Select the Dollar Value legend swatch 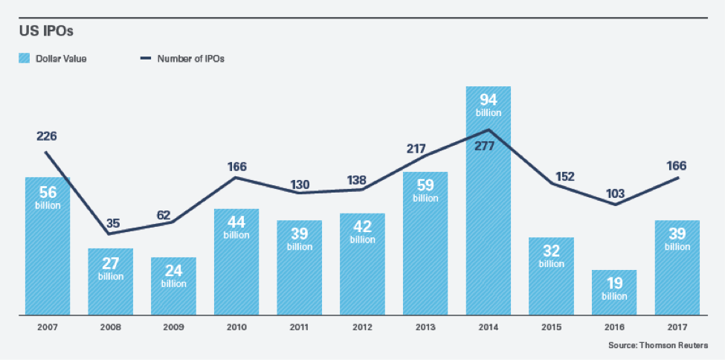[x=24, y=59]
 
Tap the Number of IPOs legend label [x=191, y=59]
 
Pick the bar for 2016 [x=614, y=292]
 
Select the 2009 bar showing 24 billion [x=173, y=286]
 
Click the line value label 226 [x=47, y=136]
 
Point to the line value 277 [x=488, y=146]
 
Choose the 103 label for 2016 [x=614, y=193]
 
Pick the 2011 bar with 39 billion [x=300, y=268]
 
